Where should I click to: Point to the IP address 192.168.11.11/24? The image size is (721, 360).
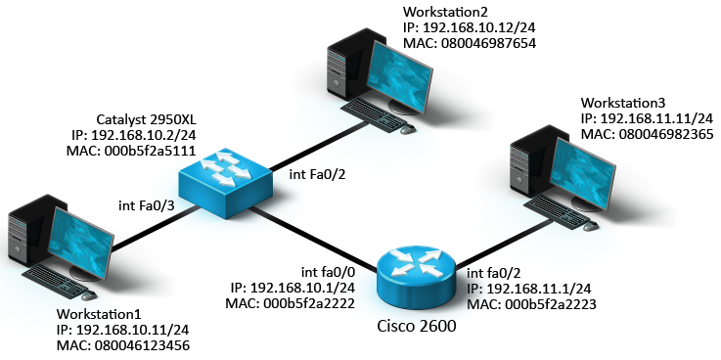point(647,118)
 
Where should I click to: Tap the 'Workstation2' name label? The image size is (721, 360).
point(444,11)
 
